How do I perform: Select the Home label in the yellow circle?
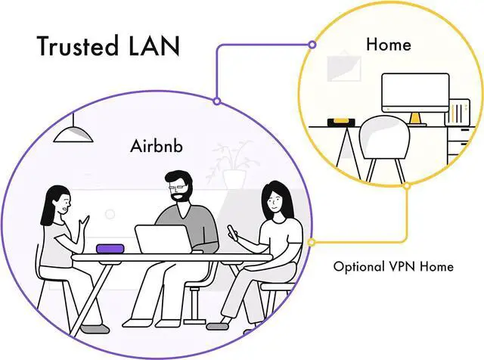pyautogui.click(x=388, y=44)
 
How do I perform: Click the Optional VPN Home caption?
pyautogui.click(x=393, y=266)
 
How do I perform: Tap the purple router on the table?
pyautogui.click(x=114, y=248)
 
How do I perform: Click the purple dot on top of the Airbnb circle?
pyautogui.click(x=217, y=101)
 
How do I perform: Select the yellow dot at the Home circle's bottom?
pyautogui.click(x=407, y=185)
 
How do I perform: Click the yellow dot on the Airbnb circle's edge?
pyautogui.click(x=312, y=243)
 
